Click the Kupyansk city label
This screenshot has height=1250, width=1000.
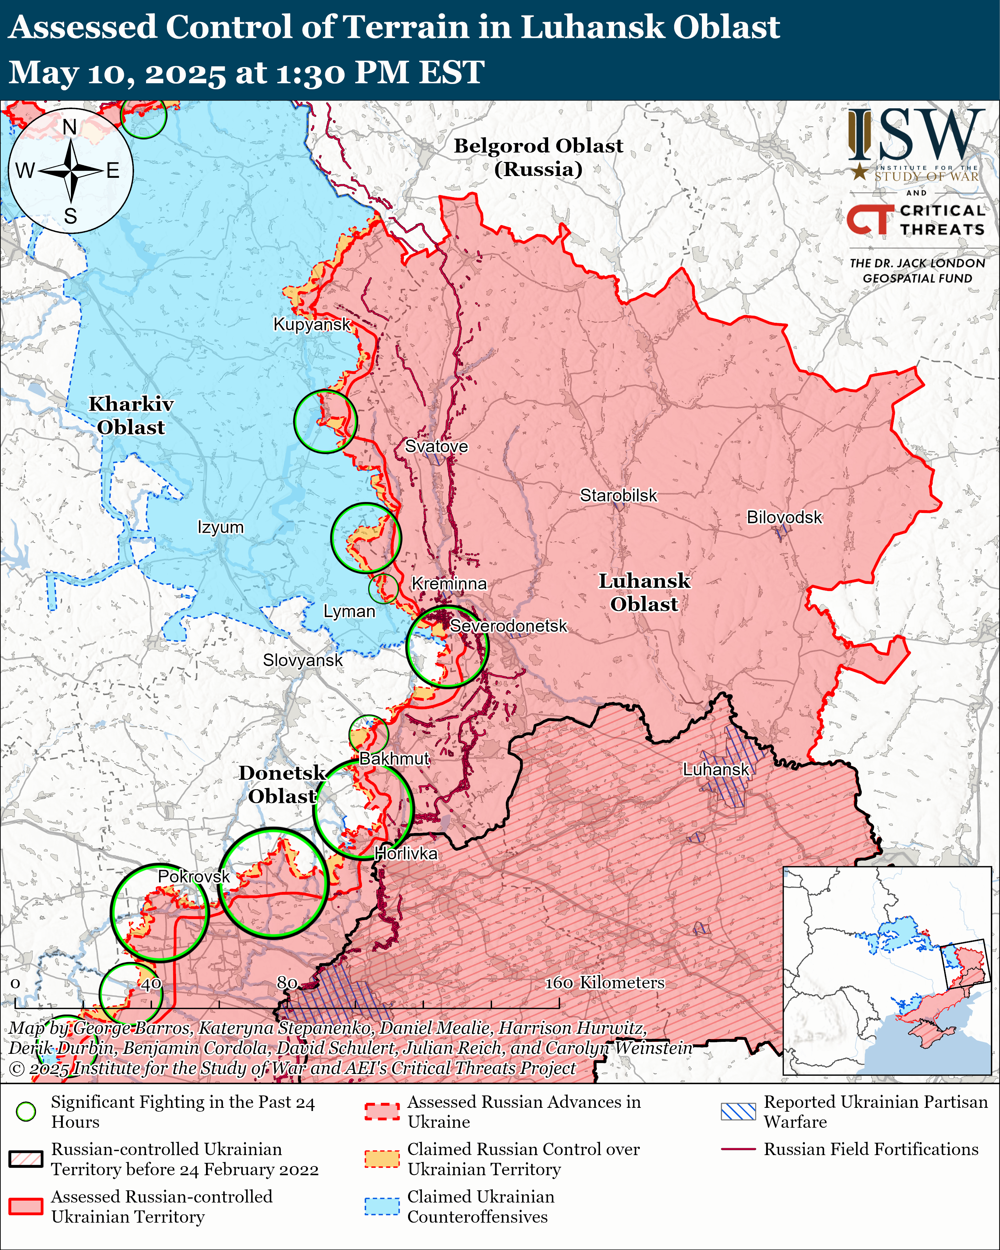pyautogui.click(x=312, y=324)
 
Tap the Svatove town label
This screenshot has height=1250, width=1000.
pyautogui.click(x=436, y=446)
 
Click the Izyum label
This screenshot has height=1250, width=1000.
pyautogui.click(x=220, y=527)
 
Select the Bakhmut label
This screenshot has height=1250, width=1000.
pyautogui.click(x=394, y=758)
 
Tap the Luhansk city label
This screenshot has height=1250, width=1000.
pyautogui.click(x=716, y=769)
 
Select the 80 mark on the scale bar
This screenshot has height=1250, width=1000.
pyautogui.click(x=287, y=982)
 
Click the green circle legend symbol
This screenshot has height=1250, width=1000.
pyautogui.click(x=25, y=1111)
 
